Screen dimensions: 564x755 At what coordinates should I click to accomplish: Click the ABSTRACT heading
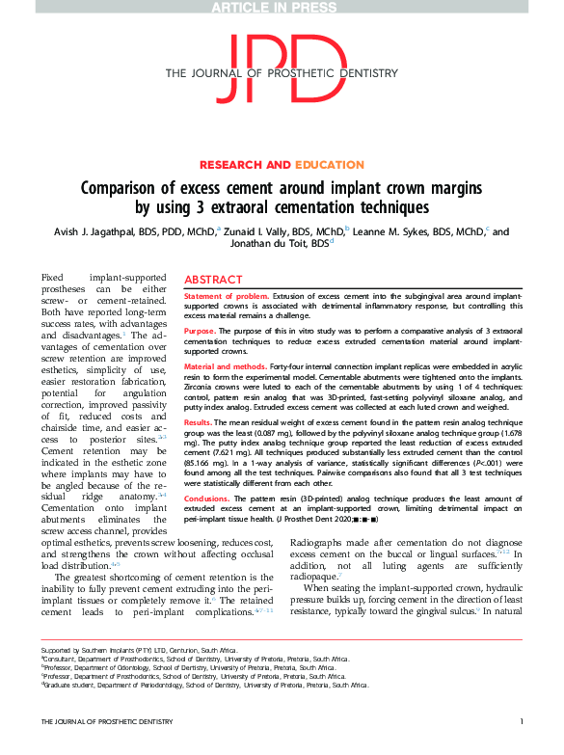(214, 277)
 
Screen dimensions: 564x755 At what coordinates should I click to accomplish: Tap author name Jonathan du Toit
(280, 245)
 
